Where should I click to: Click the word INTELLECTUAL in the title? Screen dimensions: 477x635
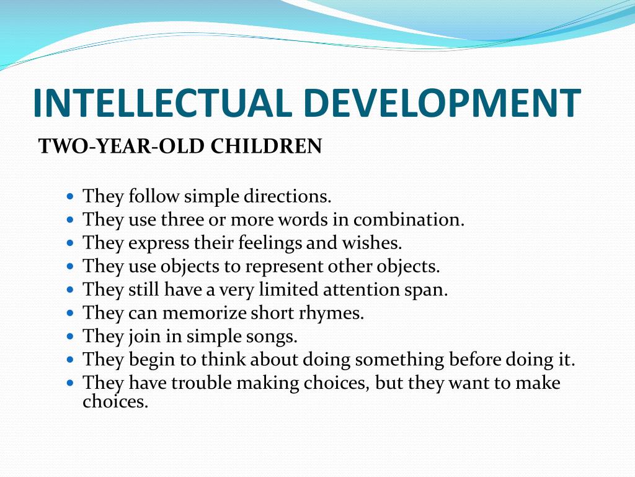[162, 103]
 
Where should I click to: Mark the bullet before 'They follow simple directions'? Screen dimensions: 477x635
[70, 197]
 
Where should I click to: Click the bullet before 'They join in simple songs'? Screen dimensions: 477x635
[70, 337]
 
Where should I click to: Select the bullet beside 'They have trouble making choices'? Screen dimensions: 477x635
[70, 383]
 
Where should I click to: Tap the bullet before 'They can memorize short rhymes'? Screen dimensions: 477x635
[70, 314]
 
